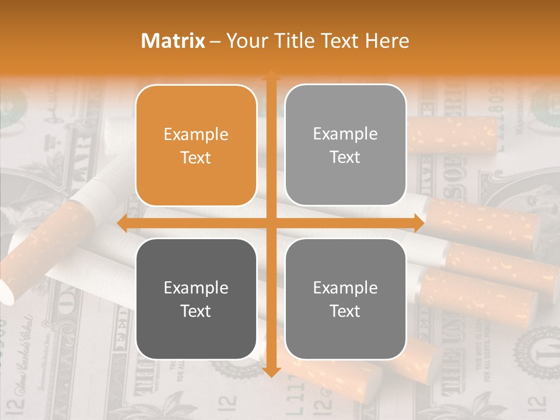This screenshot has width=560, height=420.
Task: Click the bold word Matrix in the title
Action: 173,41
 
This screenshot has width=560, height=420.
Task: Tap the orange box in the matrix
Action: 196,145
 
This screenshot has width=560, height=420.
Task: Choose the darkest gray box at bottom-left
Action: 196,299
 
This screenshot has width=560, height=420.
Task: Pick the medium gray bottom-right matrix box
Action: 345,299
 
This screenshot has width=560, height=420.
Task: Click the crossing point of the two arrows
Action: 271,223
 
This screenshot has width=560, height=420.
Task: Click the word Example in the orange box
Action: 196,135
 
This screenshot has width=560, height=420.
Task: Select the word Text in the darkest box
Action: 196,311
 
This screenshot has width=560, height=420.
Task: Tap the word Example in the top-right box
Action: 345,134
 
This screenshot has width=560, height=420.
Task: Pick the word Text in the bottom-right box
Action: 345,311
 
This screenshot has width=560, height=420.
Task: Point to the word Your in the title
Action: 244,41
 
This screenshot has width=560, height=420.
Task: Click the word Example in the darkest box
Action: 196,288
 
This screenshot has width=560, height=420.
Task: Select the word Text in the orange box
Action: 196,157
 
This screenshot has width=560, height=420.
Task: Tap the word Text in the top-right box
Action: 345,157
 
